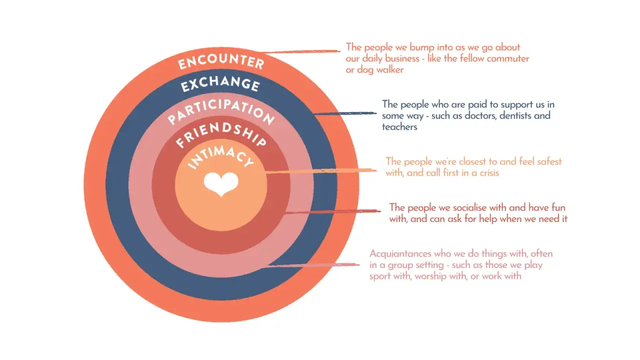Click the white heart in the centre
coord(221,184)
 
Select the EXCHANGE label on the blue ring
coord(220,83)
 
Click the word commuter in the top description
coord(508,59)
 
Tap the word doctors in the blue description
coord(481,115)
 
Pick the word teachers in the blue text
coord(399,127)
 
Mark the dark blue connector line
coord(344,113)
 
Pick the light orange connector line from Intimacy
coord(321,171)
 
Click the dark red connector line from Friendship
coord(332,211)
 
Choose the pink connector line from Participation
coord(313,265)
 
